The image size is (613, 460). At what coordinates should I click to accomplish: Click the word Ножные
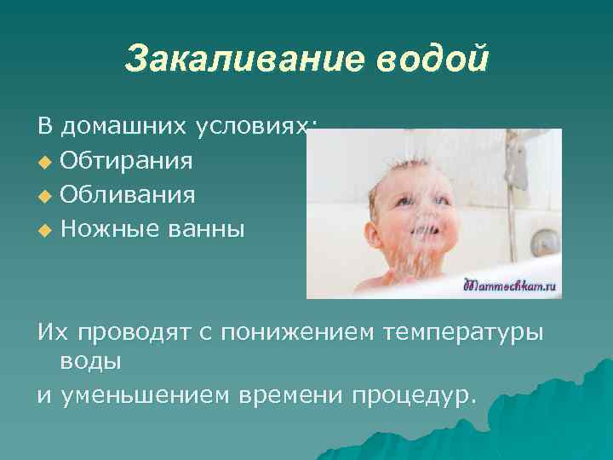[106, 229]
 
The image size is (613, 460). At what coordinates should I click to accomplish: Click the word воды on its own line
[90, 360]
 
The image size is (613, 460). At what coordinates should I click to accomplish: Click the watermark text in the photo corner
[511, 287]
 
